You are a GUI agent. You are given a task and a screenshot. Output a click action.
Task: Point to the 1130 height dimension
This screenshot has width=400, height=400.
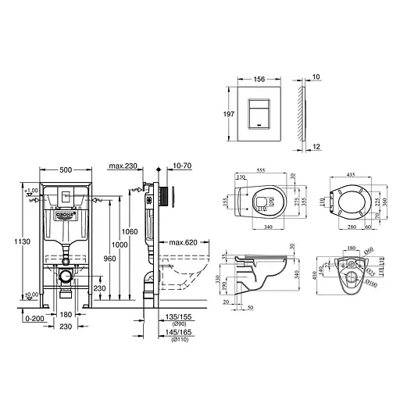click(x=9, y=241)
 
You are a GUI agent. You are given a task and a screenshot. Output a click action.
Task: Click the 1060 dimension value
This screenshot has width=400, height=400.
click(x=130, y=231)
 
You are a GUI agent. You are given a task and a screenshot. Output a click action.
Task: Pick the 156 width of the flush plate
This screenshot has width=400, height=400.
click(x=257, y=78)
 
